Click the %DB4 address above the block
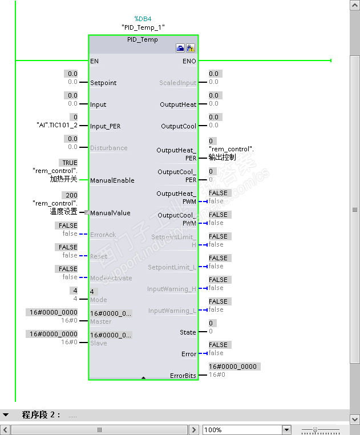(x=143, y=19)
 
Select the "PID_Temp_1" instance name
(x=143, y=27)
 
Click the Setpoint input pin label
(x=103, y=83)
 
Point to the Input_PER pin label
(x=106, y=126)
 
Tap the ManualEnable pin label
(x=112, y=180)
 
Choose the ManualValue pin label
(x=110, y=213)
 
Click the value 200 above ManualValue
(x=70, y=195)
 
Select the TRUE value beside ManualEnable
(x=70, y=163)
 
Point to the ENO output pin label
(x=189, y=61)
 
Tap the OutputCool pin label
(x=179, y=126)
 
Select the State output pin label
(x=188, y=332)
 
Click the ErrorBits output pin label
(x=183, y=376)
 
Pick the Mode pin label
(x=99, y=300)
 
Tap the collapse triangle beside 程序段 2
(x=6, y=414)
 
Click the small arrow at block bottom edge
(x=143, y=377)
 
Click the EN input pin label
(x=94, y=61)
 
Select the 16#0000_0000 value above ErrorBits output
(x=233, y=366)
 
